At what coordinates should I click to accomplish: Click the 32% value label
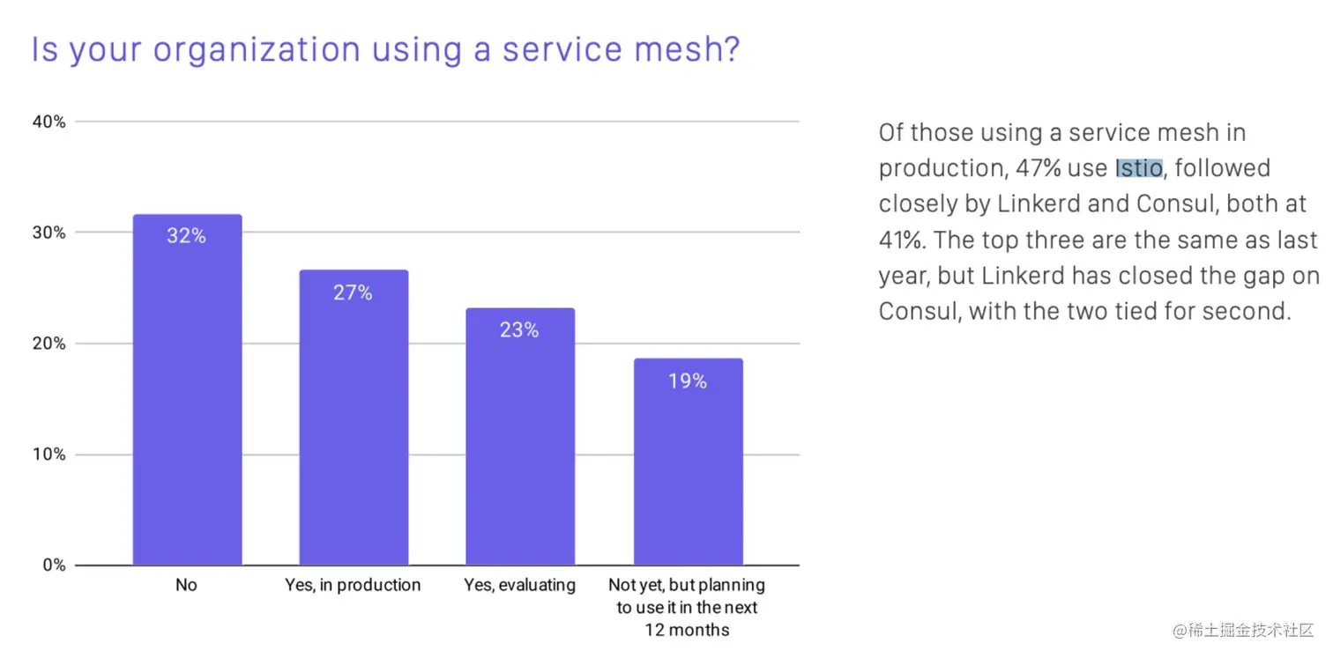(187, 236)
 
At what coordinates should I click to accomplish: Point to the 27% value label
(353, 292)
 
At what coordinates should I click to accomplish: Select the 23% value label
(519, 330)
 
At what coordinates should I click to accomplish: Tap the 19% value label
(688, 381)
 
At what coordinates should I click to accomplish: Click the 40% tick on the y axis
(49, 122)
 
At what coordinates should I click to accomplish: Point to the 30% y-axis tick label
(49, 233)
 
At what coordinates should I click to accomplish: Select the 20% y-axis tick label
(49, 344)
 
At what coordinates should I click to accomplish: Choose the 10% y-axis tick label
(49, 455)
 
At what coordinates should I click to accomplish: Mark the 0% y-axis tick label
(54, 566)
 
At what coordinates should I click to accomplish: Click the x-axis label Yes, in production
(353, 585)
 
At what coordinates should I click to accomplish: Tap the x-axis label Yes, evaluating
(519, 585)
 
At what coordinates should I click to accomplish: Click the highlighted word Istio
(1139, 168)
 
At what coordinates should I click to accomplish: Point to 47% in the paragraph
(1039, 168)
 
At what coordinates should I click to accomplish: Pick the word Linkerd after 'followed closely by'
(1038, 204)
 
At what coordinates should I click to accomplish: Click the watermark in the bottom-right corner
(1243, 631)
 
